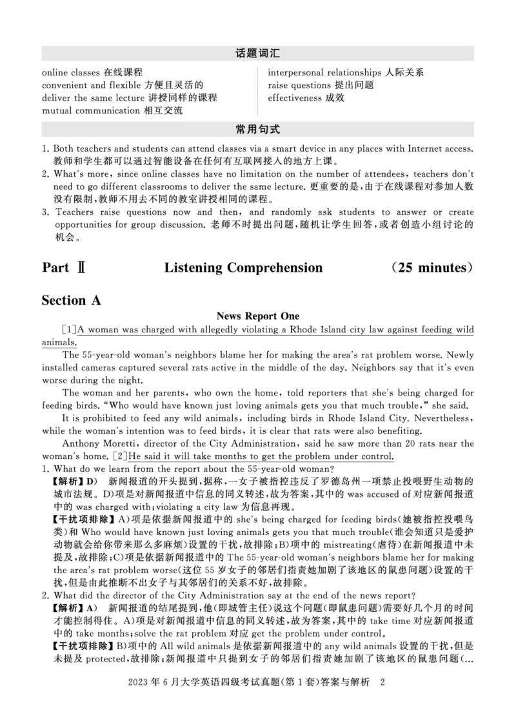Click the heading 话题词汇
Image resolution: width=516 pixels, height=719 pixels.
click(x=258, y=54)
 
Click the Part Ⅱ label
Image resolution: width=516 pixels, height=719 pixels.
click(x=64, y=267)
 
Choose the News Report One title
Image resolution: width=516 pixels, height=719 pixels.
click(x=258, y=316)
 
